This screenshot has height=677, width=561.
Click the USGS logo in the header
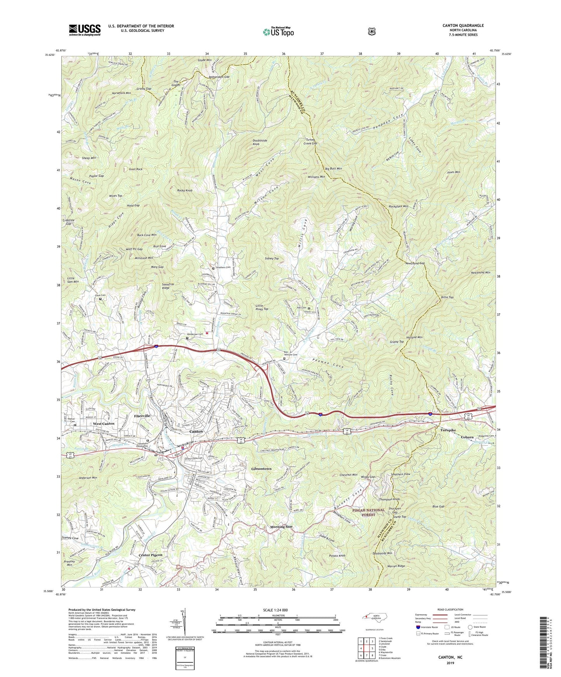click(x=85, y=30)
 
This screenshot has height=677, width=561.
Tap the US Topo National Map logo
click(x=278, y=32)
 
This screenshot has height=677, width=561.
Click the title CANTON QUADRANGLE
click(x=463, y=26)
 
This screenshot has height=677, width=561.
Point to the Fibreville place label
click(x=142, y=416)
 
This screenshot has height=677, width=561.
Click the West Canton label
click(x=103, y=423)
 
